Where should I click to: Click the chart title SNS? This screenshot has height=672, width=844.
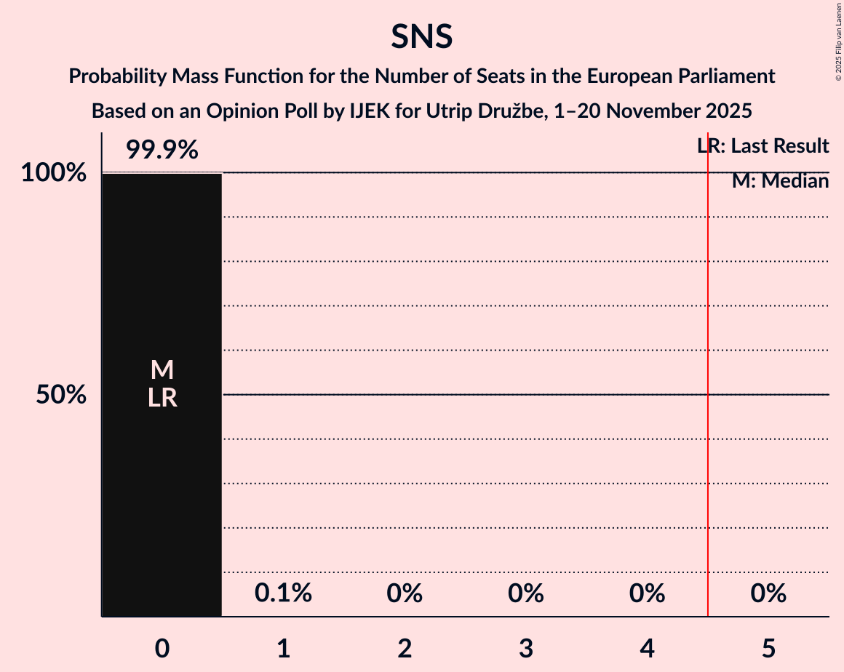click(421, 36)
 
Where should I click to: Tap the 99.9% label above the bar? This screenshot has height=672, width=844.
click(162, 151)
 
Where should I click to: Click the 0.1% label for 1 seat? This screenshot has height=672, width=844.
click(283, 593)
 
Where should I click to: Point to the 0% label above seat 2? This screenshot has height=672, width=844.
click(405, 593)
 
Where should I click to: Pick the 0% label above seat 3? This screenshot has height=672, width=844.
click(526, 593)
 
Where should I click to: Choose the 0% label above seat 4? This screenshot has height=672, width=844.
click(647, 593)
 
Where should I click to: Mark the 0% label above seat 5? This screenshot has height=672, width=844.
click(768, 593)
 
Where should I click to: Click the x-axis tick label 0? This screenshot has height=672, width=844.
click(162, 649)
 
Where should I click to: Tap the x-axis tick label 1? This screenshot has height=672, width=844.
click(283, 649)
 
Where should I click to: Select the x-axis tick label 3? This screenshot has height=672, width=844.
click(526, 649)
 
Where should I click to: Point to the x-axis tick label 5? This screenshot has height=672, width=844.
click(768, 649)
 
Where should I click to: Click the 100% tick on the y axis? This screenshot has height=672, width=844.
click(53, 173)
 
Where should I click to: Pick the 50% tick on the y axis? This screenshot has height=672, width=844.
click(61, 395)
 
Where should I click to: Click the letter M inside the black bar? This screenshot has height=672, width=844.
click(162, 370)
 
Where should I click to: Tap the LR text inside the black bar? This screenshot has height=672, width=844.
click(162, 398)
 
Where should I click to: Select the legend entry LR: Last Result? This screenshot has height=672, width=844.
click(763, 146)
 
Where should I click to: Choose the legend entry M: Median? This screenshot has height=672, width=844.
click(780, 181)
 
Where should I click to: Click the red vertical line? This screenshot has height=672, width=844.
click(708, 436)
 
